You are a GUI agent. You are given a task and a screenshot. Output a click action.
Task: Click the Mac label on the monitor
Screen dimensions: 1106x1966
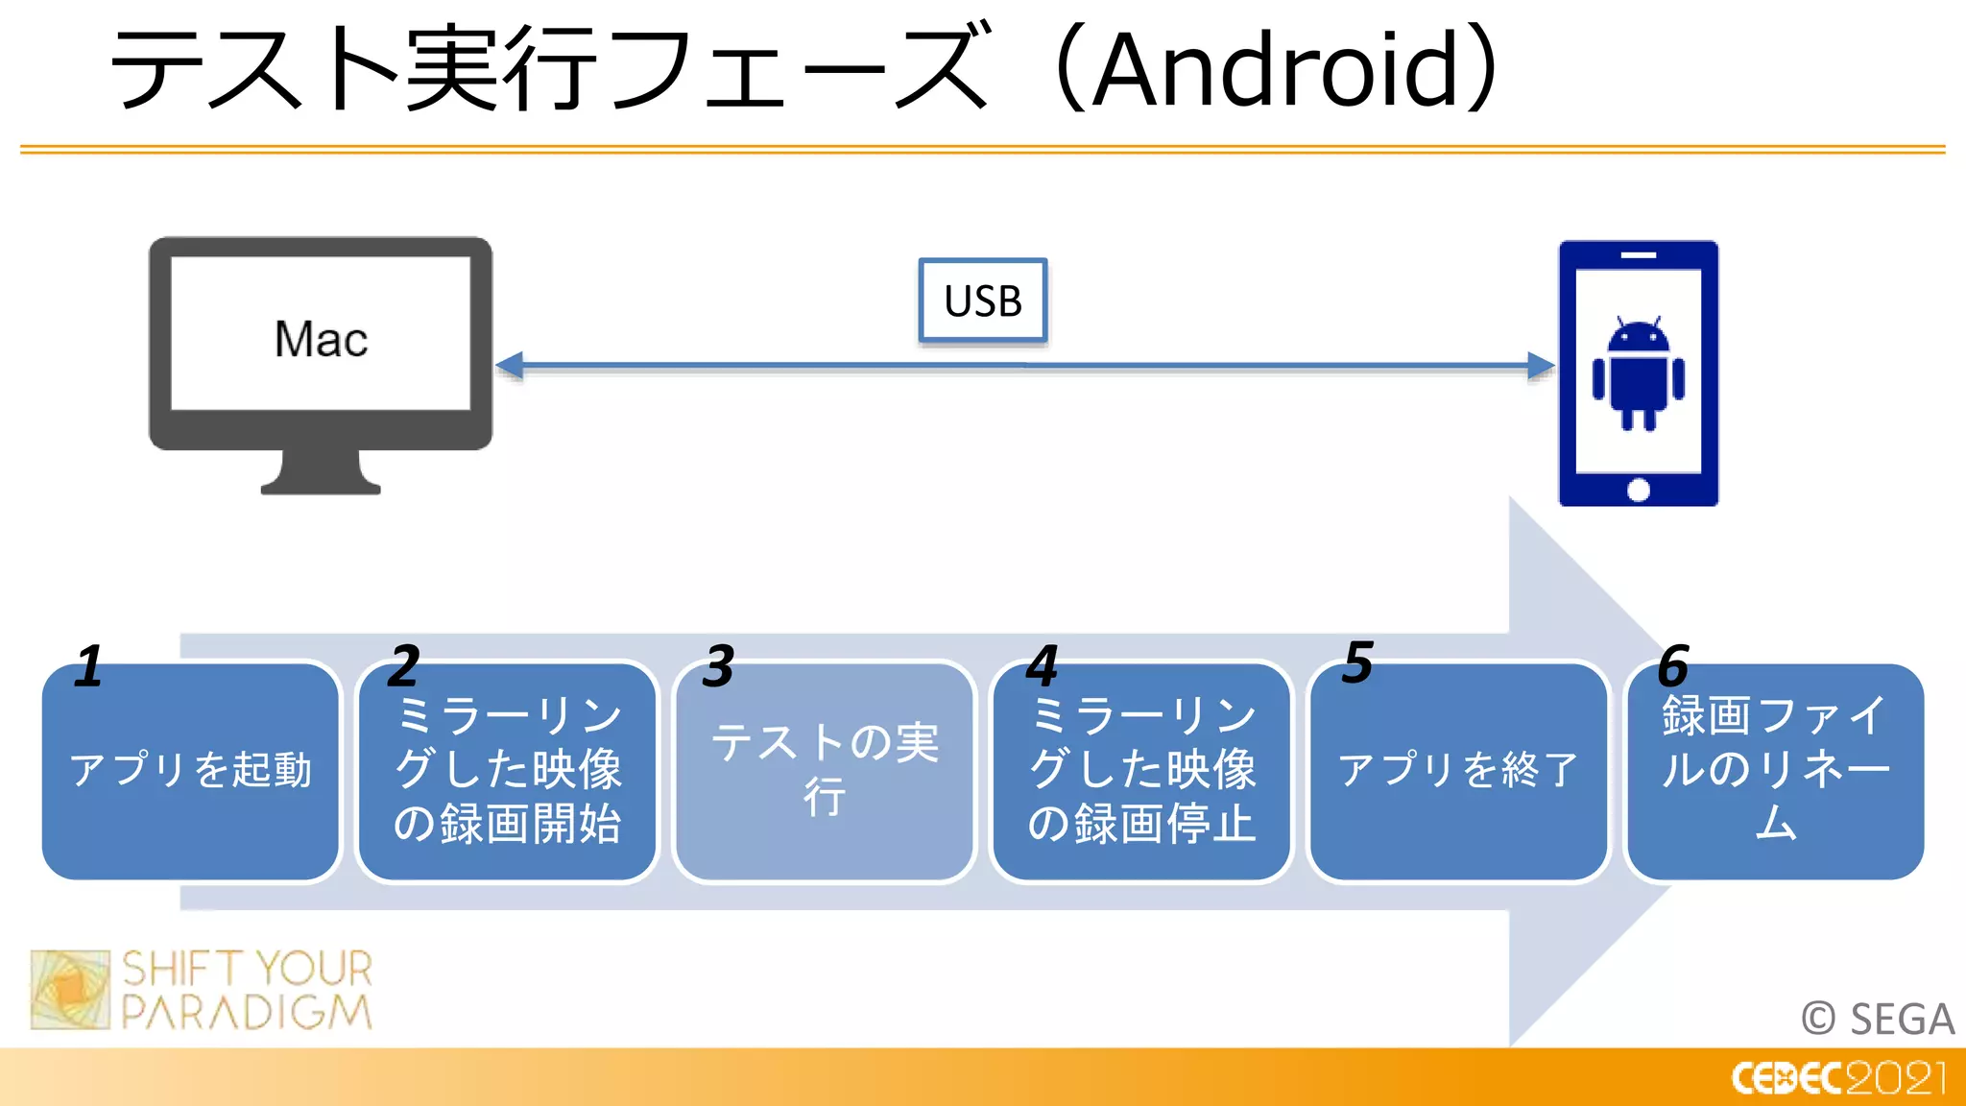(321, 339)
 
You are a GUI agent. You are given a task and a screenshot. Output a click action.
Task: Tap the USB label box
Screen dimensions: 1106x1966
(982, 301)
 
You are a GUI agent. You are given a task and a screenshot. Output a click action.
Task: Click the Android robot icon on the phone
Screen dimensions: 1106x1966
(1639, 374)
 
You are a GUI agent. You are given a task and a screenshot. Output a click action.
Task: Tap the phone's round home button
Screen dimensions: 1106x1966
(1639, 490)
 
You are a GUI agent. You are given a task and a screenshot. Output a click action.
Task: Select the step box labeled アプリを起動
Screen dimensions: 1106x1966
(191, 771)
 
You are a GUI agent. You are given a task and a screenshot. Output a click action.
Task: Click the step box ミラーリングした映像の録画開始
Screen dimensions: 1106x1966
(508, 771)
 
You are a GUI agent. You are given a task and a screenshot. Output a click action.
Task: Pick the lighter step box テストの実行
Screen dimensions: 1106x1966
(825, 771)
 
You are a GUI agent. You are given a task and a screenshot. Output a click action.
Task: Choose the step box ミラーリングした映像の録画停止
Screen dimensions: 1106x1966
(1141, 771)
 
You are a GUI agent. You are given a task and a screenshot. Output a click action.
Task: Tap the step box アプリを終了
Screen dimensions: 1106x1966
(1458, 771)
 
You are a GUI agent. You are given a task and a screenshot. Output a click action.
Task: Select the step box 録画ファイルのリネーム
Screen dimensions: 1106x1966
(1775, 771)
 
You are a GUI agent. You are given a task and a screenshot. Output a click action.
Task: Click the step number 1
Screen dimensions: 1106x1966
(89, 666)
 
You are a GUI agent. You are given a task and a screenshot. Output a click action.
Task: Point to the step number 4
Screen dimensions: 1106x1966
(1043, 666)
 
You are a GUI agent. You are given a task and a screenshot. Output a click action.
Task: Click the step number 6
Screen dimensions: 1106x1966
(1673, 666)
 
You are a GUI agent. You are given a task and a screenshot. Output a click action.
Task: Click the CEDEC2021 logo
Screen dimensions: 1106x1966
(1838, 1078)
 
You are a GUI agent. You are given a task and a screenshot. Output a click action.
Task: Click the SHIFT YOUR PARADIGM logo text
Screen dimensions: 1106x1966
(246, 990)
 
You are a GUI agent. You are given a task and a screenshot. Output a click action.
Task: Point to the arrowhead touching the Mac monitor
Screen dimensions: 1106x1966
(510, 366)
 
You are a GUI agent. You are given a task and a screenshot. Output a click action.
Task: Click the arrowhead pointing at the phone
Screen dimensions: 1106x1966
(1540, 366)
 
